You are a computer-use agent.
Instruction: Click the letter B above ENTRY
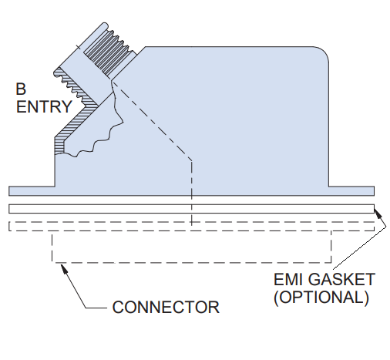(21, 89)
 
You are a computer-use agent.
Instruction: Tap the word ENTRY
(44, 106)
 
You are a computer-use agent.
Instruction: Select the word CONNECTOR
(166, 307)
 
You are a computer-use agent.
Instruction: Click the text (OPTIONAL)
(321, 298)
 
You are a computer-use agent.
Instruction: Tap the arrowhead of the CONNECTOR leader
(64, 267)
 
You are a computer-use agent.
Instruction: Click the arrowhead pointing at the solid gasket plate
(377, 213)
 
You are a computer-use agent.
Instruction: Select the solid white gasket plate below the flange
(191, 209)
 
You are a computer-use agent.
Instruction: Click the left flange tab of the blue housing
(32, 191)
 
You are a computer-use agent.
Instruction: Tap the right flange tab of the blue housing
(351, 191)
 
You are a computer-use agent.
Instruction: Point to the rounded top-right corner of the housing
(324, 52)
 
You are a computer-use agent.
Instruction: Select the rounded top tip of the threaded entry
(104, 24)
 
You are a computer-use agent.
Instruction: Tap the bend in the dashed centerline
(191, 160)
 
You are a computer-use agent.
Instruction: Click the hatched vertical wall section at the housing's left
(59, 146)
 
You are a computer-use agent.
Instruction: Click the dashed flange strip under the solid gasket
(191, 226)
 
